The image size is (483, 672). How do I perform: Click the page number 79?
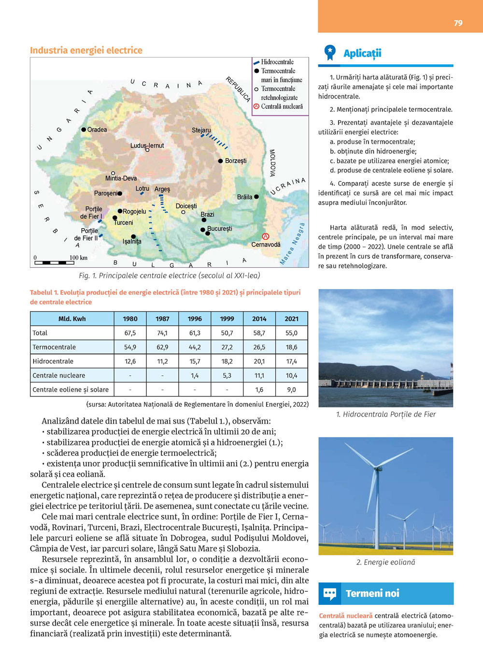(x=458, y=23)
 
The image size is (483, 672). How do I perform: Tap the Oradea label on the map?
(x=97, y=130)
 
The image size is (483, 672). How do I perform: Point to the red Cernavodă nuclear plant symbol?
(x=265, y=236)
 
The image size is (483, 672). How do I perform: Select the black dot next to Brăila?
(x=256, y=197)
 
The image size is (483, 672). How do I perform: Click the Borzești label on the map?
(x=235, y=161)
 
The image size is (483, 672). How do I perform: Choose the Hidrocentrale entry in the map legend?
(x=277, y=62)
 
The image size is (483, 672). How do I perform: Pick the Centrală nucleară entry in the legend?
(x=282, y=106)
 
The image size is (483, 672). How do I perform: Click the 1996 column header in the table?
(x=195, y=319)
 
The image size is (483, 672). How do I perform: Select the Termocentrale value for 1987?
(x=162, y=347)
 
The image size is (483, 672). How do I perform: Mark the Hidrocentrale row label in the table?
(x=53, y=361)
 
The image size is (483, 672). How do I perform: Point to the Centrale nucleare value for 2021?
(x=291, y=375)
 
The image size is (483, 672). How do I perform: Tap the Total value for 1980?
(x=130, y=333)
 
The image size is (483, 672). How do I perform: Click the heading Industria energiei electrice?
(x=86, y=50)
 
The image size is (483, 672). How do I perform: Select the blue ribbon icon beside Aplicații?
(x=330, y=53)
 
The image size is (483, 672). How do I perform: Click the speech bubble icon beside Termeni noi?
(x=330, y=593)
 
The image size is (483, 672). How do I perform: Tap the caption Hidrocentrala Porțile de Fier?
(x=386, y=414)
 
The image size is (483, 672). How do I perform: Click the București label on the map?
(x=219, y=229)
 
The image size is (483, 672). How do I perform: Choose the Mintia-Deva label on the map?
(x=121, y=178)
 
